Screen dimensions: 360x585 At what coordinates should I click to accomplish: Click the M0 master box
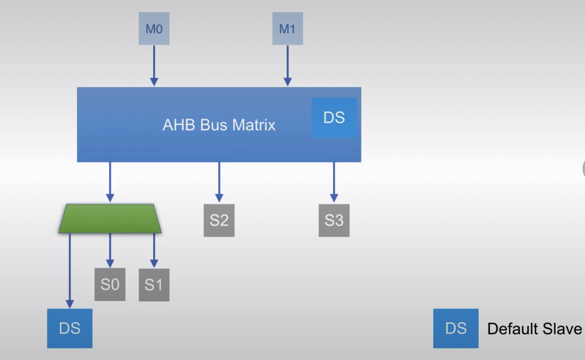point(154,29)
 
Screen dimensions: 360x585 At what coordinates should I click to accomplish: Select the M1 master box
point(288,29)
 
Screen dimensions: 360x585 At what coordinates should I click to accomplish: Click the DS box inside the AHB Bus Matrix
point(334,117)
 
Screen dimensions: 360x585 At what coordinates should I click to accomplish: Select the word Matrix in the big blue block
point(254,125)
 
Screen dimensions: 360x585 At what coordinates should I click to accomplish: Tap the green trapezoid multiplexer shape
point(110,219)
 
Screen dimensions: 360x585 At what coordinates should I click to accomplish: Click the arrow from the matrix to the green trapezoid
point(110,181)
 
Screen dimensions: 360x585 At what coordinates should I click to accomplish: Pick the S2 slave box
point(219,220)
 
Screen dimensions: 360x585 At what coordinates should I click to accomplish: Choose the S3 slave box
point(334,220)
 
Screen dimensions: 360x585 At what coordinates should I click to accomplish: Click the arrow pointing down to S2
point(219,181)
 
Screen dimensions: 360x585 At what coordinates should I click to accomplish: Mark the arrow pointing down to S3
point(334,181)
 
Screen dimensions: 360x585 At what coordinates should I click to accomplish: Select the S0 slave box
point(110,285)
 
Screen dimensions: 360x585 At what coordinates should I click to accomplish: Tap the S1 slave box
point(154,285)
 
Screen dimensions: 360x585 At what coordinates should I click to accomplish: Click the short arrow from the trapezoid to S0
point(110,250)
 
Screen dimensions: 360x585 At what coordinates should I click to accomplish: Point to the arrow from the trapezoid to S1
point(154,250)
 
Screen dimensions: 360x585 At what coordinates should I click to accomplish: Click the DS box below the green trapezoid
point(70,328)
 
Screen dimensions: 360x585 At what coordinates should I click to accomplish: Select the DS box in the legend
point(456,328)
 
